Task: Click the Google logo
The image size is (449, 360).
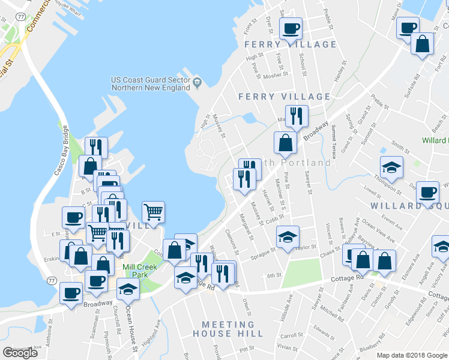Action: point(20,353)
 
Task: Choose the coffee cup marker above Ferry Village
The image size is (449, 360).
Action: point(291,28)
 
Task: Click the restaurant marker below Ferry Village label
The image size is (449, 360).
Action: point(297,116)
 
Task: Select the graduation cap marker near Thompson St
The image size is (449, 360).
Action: point(391,167)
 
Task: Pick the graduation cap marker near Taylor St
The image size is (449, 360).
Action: point(288,236)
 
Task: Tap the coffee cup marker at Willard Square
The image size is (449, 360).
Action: point(427,192)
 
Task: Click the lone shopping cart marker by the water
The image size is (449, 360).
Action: point(153,212)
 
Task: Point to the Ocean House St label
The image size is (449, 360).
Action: point(131,328)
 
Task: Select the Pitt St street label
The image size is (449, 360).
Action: point(247,348)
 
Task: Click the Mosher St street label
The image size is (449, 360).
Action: point(276,76)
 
